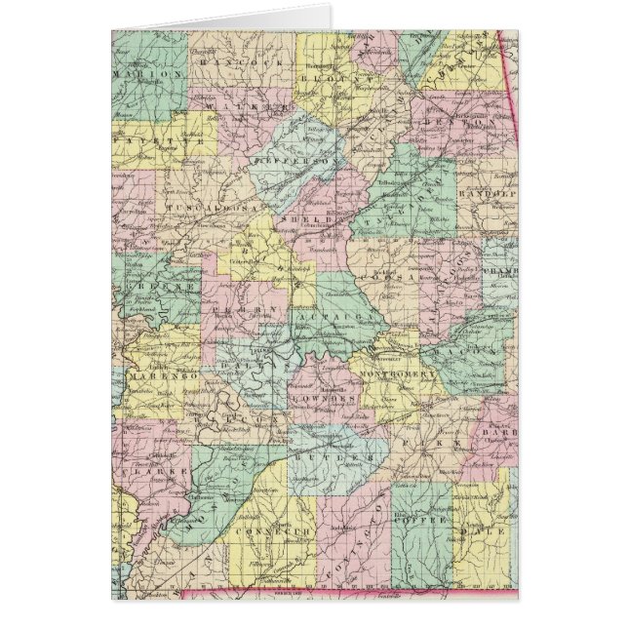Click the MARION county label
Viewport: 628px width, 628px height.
click(x=149, y=74)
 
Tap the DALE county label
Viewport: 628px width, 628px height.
click(x=493, y=532)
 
